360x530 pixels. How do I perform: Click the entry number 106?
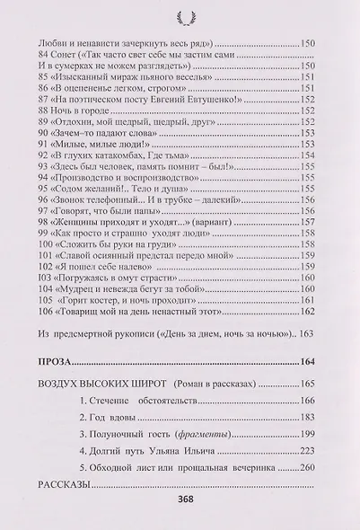40,313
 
